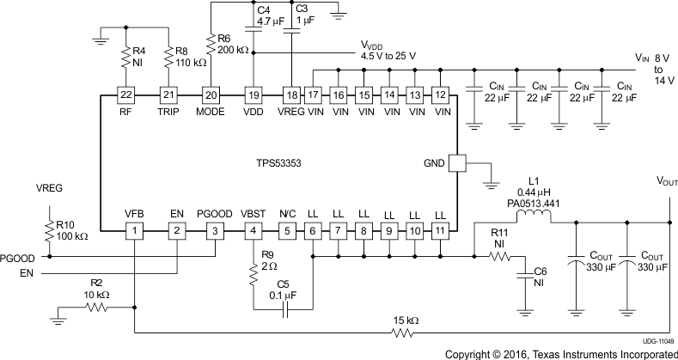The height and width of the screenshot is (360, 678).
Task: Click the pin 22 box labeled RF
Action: (x=125, y=95)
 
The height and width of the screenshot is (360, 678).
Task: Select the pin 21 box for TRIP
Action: (x=169, y=95)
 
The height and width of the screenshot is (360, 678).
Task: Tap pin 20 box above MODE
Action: (x=211, y=95)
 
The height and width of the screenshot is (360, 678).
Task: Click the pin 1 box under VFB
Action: (x=134, y=230)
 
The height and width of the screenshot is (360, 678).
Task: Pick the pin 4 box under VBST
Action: (x=253, y=230)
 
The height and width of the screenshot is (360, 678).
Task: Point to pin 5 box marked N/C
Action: (x=289, y=230)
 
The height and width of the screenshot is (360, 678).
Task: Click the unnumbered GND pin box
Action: (x=456, y=162)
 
